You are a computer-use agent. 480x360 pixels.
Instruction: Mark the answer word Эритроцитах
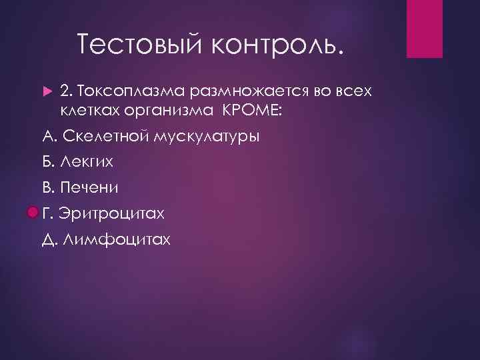coord(111,213)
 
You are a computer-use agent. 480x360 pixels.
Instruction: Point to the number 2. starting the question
coord(66,89)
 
